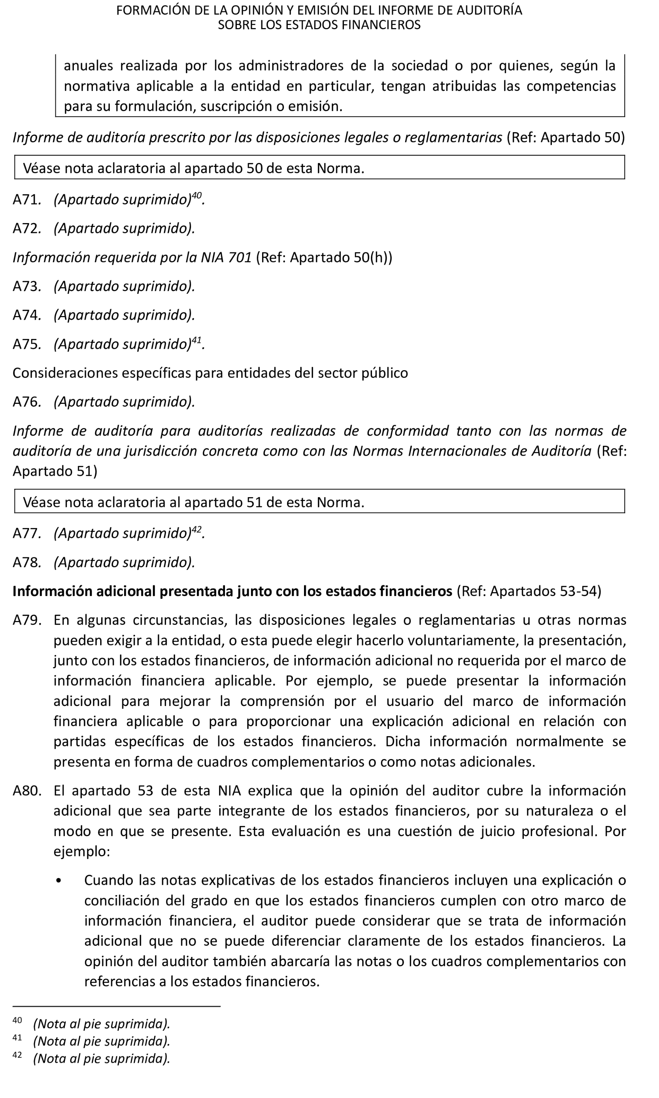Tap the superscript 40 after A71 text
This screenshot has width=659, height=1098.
[196, 195]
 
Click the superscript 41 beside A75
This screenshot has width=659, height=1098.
[196, 340]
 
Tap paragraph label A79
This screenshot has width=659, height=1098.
[26, 620]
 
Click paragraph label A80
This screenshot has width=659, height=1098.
[26, 791]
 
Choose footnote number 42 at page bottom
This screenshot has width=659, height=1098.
[17, 1055]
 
